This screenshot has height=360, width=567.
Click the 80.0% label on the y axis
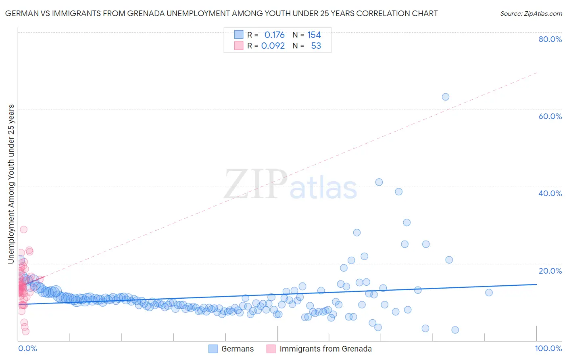coord(550,39)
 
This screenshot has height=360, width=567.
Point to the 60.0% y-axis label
coord(550,116)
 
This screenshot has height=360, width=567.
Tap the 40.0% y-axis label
coord(550,193)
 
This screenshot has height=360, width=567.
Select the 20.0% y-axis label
coord(550,270)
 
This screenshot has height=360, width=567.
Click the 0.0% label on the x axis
coord(27,348)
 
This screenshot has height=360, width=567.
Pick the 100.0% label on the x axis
coord(548,348)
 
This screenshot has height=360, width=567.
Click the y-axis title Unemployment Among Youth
coord(11,184)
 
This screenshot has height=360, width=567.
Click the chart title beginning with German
coord(221,13)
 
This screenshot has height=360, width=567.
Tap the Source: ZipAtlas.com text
coord(531,13)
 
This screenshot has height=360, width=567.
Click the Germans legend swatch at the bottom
coord(213,349)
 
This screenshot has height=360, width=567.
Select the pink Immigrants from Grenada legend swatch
coord(271,349)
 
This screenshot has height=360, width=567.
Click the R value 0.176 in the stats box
coord(274,35)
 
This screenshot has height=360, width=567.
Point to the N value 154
coord(314,35)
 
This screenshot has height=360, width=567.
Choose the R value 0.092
coord(273,46)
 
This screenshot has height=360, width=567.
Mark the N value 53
coord(316,46)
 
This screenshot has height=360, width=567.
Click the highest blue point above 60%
coord(445,97)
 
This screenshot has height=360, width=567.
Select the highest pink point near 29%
coord(24,229)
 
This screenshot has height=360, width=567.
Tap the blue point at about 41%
coord(379,182)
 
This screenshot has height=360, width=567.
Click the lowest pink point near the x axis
coord(25,331)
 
